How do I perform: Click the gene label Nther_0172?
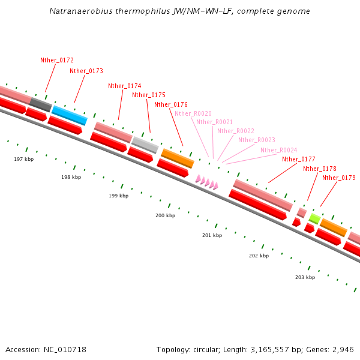pos(57,60)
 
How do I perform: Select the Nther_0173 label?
pos(86,71)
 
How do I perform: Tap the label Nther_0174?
pos(125,86)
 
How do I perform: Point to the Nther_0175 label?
pos(149,95)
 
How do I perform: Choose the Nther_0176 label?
pos(171,104)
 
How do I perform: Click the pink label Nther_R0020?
pos(193,113)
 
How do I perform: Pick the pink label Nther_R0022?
pos(236,131)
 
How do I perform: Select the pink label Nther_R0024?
pos(278,150)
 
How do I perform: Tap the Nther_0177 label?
pos(299,159)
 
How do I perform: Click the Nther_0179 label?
pos(339,178)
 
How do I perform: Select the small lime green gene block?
pos(314,218)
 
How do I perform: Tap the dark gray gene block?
pos(41,104)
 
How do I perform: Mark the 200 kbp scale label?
pos(165,215)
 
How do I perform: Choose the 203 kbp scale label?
pos(305,277)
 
